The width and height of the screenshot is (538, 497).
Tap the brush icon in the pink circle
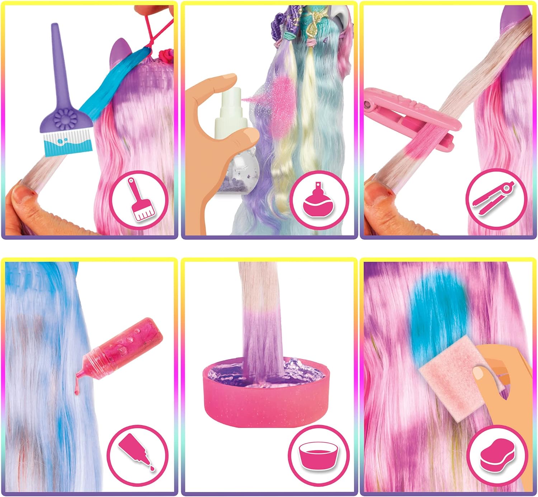pyautogui.click(x=138, y=201)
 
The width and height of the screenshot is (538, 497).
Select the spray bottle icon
pyautogui.click(x=319, y=201)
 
